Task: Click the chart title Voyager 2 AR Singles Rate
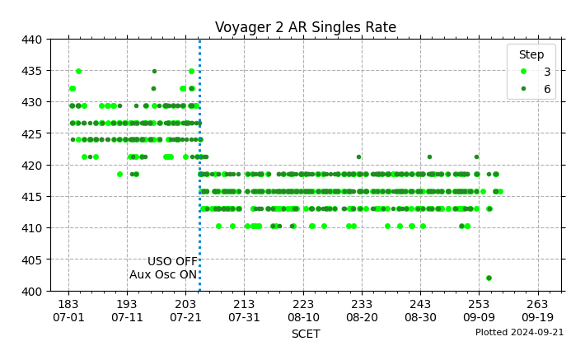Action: coord(305,27)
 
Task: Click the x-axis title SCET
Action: coord(305,334)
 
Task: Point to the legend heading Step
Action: coord(531,54)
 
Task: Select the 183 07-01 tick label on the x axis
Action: coord(68,311)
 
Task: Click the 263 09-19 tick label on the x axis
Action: coord(537,311)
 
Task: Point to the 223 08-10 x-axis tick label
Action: coord(303,311)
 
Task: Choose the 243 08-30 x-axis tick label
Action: coord(420,311)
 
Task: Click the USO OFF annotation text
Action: coord(172,261)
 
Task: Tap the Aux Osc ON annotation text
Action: coord(163,274)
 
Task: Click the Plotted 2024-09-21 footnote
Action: coord(519,332)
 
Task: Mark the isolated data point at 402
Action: coord(489,278)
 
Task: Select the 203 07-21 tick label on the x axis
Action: coord(185,311)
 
